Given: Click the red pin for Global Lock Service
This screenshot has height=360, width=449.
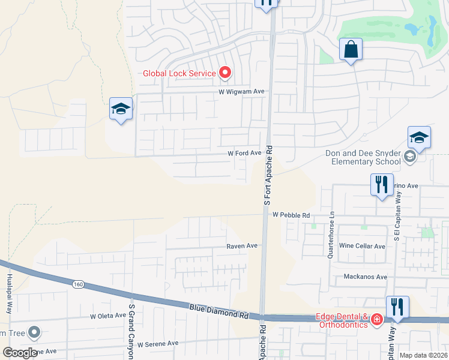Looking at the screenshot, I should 225,73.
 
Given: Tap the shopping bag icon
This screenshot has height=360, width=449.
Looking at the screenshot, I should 351,50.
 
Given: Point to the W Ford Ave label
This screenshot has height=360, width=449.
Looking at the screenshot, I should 244,153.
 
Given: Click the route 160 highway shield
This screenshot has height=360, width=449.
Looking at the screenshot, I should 78,283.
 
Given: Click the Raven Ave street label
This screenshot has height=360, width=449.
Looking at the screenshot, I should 241,246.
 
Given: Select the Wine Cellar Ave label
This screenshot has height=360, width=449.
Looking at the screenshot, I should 362,246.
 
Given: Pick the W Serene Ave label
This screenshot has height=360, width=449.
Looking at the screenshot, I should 158,344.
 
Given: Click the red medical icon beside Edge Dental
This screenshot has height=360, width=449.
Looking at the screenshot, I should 376,319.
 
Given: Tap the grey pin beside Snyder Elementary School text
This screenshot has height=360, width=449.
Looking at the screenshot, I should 410,157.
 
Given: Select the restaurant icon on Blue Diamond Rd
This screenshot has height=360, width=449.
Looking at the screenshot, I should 397,307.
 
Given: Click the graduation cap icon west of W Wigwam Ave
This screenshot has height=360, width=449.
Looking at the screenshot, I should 121,109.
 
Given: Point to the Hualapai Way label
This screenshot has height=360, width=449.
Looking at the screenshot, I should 10,298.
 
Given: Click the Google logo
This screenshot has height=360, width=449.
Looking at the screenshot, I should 20,353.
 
